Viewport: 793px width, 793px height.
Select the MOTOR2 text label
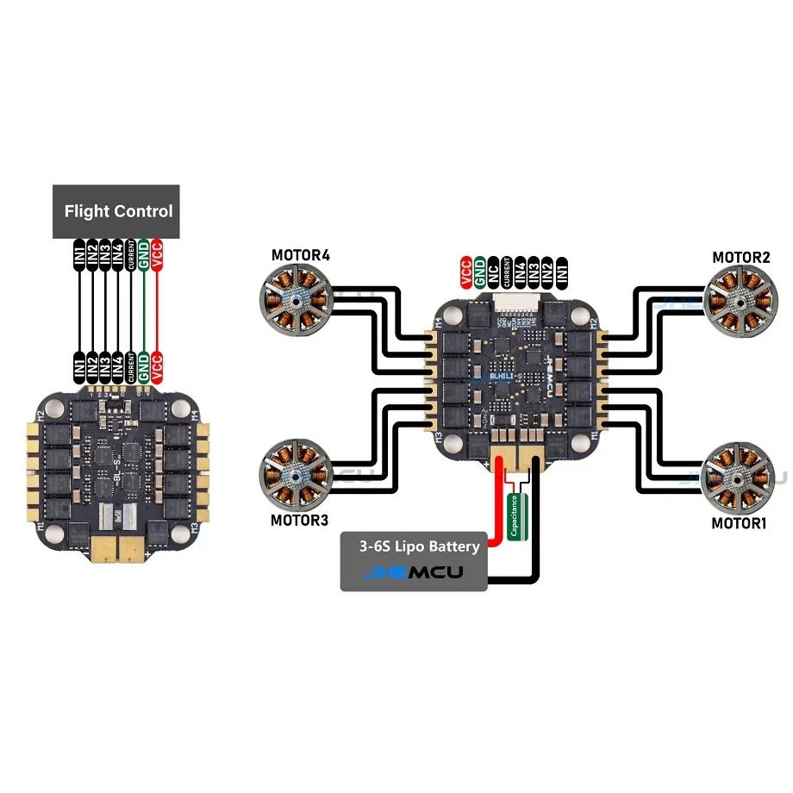tap(740, 257)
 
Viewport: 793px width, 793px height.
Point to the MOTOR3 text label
tap(300, 520)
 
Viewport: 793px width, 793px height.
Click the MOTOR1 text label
tap(740, 522)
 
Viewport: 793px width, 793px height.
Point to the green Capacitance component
tap(514, 516)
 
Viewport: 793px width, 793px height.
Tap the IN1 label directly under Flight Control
tap(79, 256)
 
